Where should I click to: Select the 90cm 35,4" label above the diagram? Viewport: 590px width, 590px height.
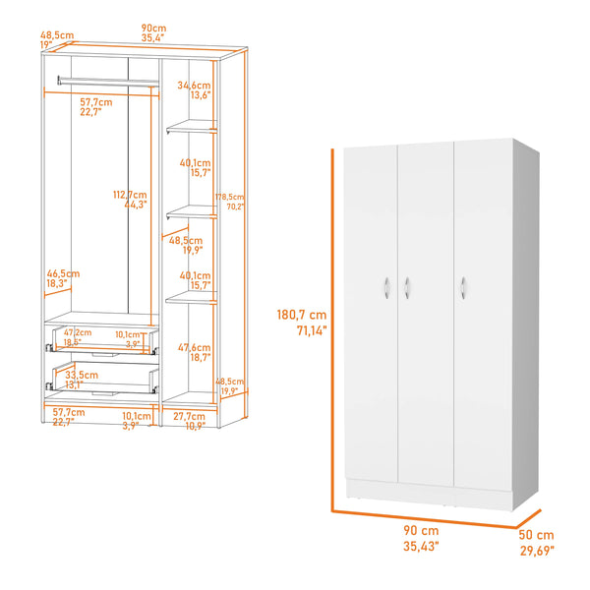tap(152, 32)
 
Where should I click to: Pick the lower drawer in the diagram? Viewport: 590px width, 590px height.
tap(103, 379)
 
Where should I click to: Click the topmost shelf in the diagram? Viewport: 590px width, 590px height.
tap(191, 126)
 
